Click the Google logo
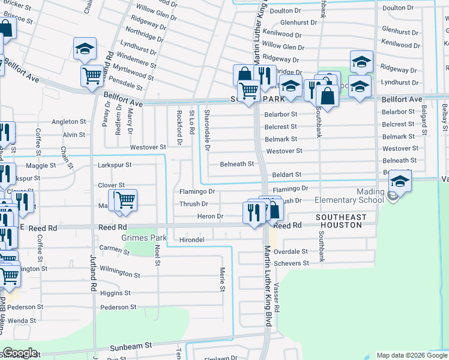(20, 353)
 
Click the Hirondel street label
(192, 240)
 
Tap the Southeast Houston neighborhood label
(340, 221)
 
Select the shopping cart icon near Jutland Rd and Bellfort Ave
(92, 76)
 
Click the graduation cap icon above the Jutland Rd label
(85, 49)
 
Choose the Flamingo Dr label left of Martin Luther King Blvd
(197, 191)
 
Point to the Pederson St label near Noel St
(119, 307)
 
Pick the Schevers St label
(291, 263)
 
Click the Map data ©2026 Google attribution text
(411, 355)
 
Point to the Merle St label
(221, 280)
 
